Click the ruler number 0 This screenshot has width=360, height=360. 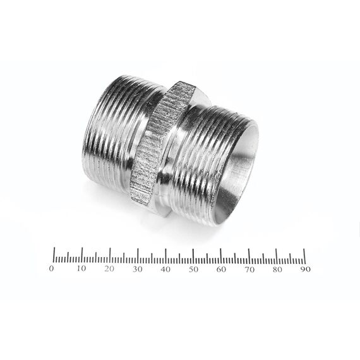pos(51,268)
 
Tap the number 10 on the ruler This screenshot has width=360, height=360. pos(81,268)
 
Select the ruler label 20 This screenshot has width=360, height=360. pos(109,268)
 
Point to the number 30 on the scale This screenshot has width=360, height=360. pos(138,269)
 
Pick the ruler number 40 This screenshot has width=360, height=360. pos(165,269)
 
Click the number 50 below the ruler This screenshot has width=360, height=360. pos(193,269)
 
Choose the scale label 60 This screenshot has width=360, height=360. pos(221,269)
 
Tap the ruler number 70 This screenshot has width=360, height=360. pos(249,270)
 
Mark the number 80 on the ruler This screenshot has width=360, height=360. pos(277,269)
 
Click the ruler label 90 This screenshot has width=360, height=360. pos(306,269)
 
